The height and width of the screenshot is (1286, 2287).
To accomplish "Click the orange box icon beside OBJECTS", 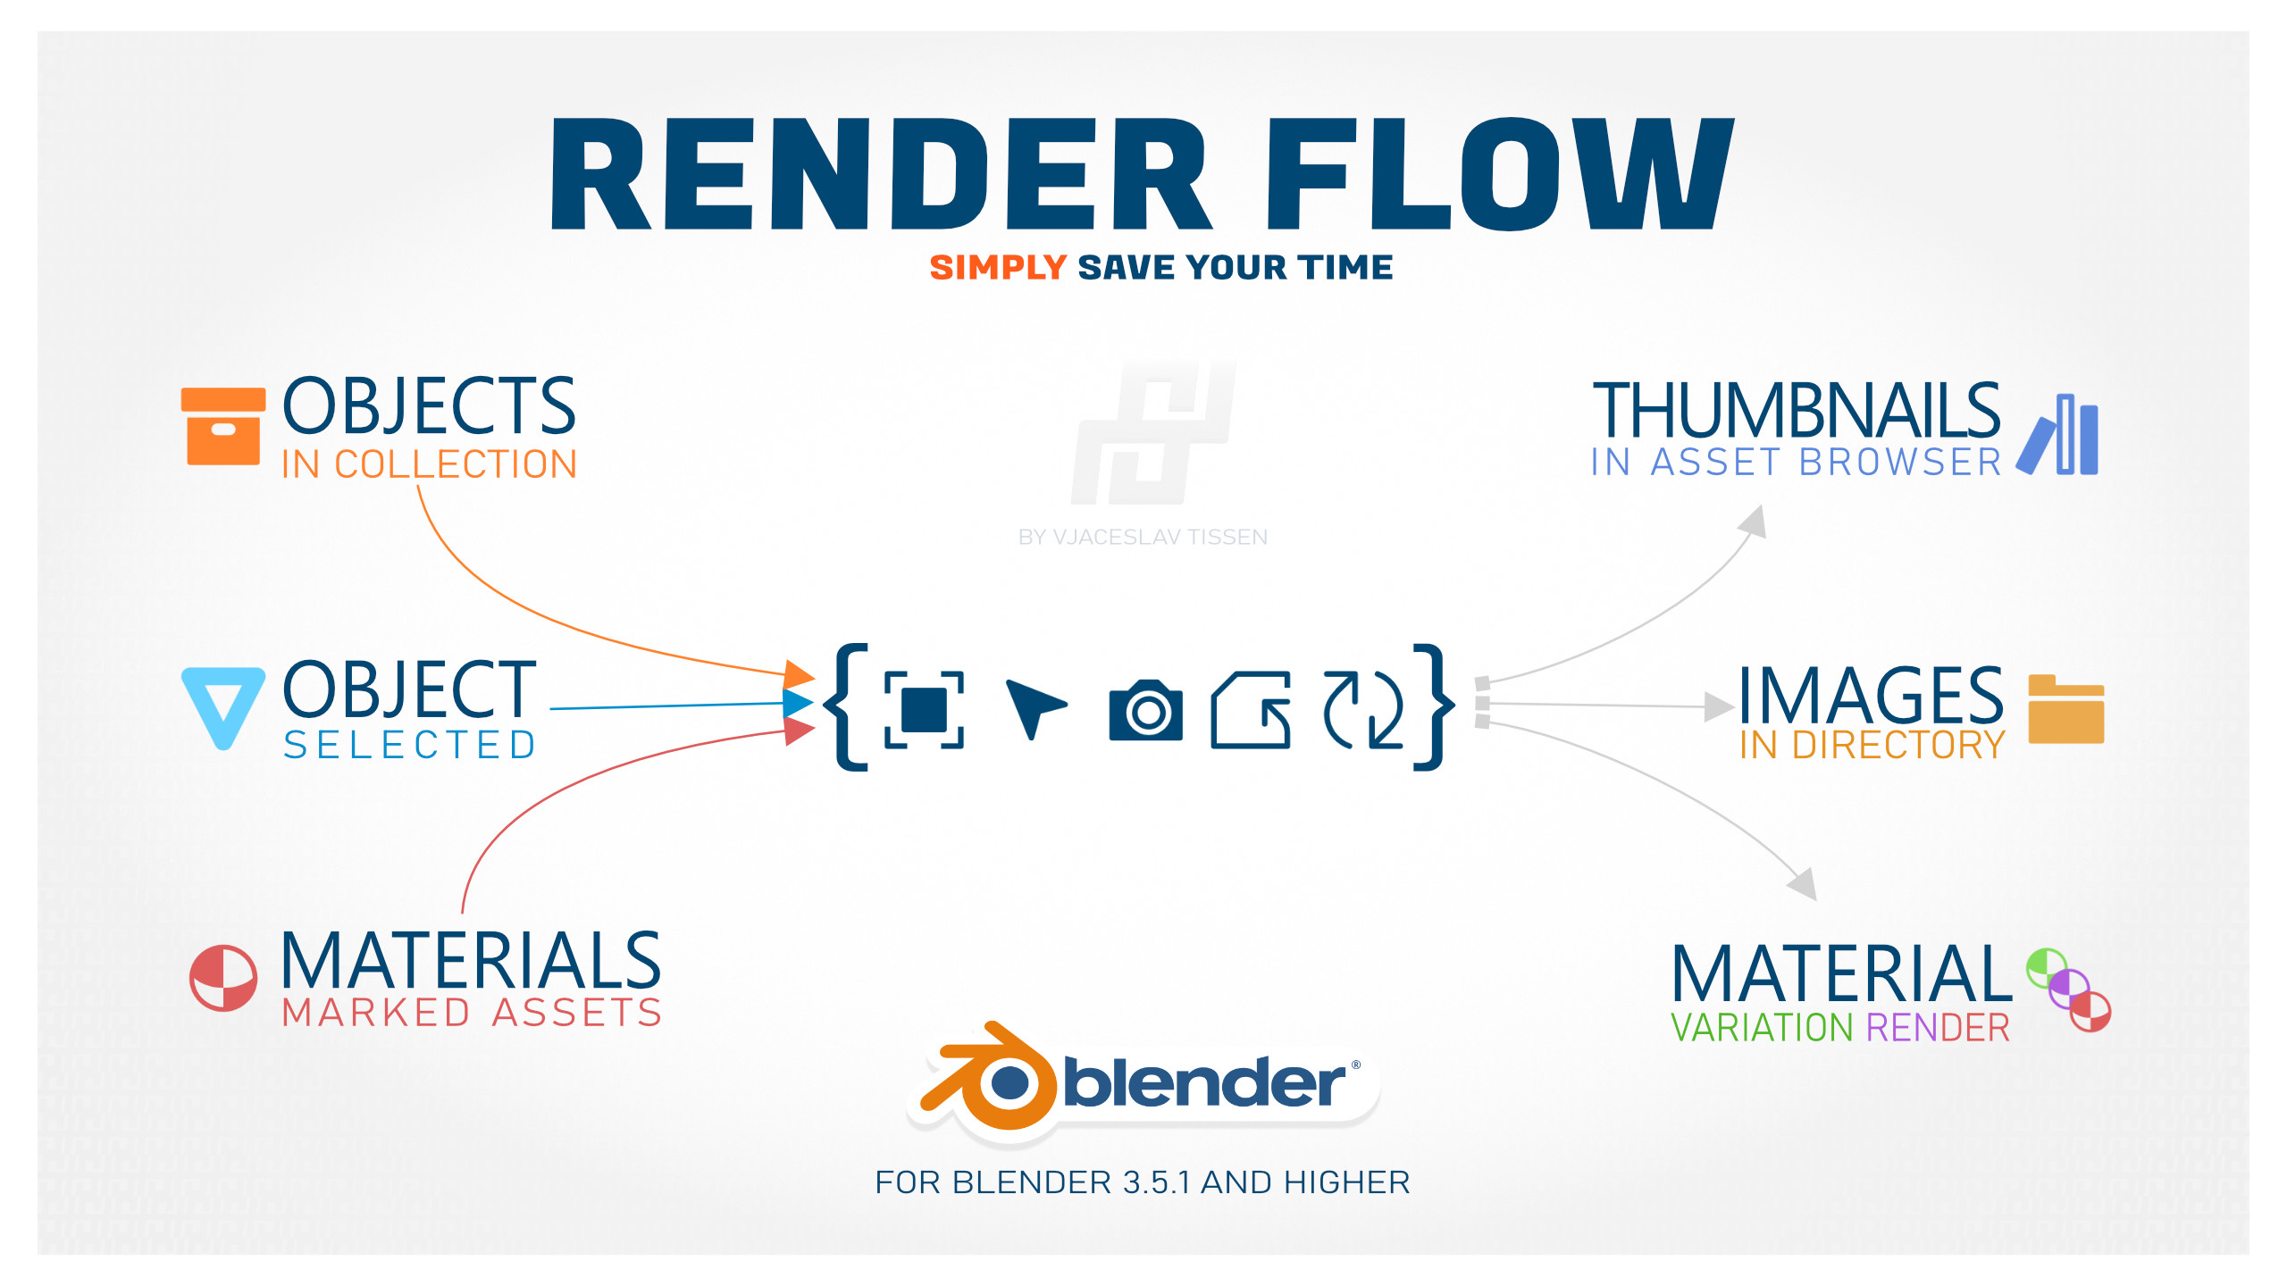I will pyautogui.click(x=222, y=426).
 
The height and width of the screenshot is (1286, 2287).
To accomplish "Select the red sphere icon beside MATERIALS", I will pyautogui.click(x=223, y=978).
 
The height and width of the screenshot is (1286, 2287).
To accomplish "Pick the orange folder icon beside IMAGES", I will pyautogui.click(x=2065, y=709).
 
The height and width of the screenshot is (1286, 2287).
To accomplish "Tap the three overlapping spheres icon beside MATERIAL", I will pyautogui.click(x=2068, y=990).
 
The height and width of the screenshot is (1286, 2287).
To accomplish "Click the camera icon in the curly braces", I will pyautogui.click(x=1145, y=710).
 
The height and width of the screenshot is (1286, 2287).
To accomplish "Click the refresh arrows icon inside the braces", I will pyautogui.click(x=1362, y=709).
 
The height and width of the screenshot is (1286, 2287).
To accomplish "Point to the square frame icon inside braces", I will pyautogui.click(x=924, y=709).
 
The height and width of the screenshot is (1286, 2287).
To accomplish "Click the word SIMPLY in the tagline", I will pyautogui.click(x=998, y=267).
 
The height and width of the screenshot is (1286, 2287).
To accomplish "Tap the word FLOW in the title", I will pyautogui.click(x=1498, y=174).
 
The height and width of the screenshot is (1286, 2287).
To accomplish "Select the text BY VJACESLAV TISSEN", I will pyautogui.click(x=1143, y=537).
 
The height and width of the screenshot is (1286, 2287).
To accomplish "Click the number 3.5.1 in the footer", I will pyautogui.click(x=1157, y=1182).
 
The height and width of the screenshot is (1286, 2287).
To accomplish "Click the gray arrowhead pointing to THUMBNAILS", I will pyautogui.click(x=1754, y=522).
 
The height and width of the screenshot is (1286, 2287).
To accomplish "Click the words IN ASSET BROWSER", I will pyautogui.click(x=1796, y=463).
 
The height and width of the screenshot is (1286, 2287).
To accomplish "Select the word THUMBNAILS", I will pyautogui.click(x=1796, y=410).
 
